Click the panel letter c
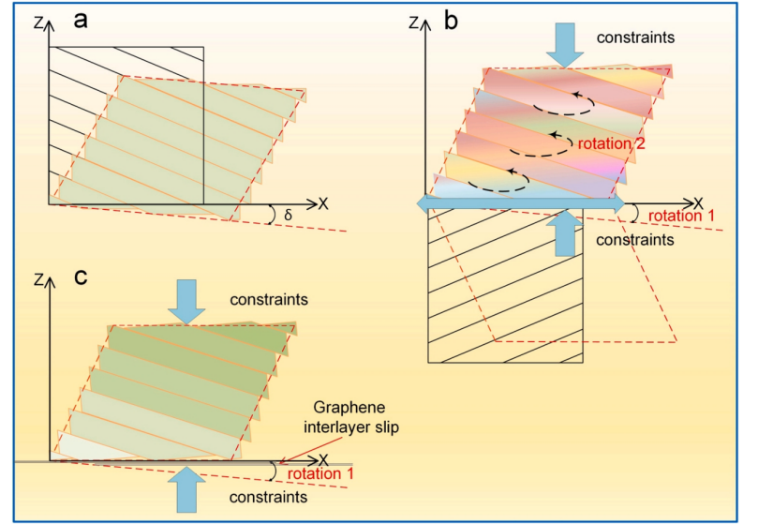[x=82, y=277]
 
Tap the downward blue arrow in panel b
[x=565, y=43]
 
